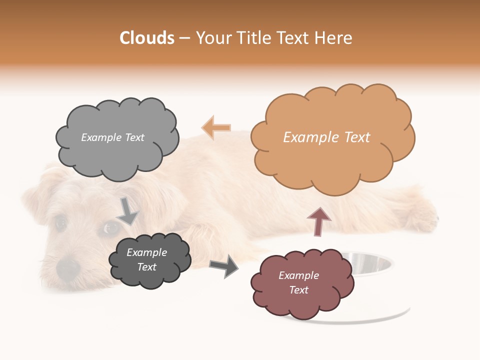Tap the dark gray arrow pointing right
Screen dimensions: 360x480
[x=224, y=266]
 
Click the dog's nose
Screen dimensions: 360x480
[x=68, y=269]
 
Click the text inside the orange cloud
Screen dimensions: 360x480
[x=327, y=137]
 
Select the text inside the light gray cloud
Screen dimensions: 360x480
[x=112, y=137]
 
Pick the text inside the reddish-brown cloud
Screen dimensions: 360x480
[x=298, y=282]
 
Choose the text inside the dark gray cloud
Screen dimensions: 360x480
[x=147, y=260]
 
